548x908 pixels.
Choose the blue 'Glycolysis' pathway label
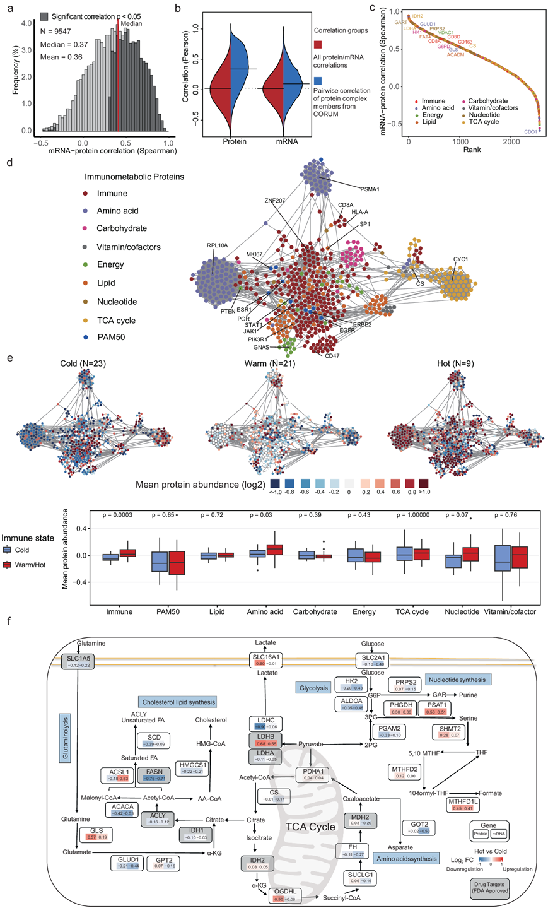click(314, 687)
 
